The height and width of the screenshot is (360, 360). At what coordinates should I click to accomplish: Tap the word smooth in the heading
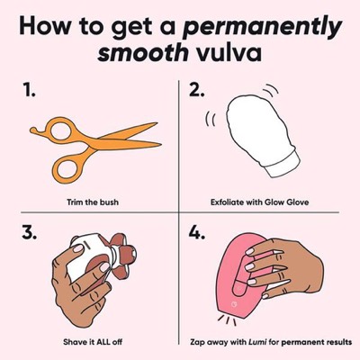[x=143, y=53]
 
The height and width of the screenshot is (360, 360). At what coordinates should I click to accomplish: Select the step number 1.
[x=29, y=90]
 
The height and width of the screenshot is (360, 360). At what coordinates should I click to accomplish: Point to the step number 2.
[x=197, y=90]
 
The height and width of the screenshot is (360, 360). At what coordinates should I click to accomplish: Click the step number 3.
[x=30, y=231]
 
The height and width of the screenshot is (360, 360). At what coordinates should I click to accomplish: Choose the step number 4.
[x=197, y=231]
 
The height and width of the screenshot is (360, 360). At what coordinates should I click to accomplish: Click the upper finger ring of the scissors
[x=61, y=130]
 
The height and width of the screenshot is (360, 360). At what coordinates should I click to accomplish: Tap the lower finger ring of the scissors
[x=69, y=169]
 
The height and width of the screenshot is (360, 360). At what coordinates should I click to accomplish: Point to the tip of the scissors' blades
[x=160, y=145]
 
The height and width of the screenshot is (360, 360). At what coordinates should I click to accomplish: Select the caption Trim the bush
[x=93, y=202]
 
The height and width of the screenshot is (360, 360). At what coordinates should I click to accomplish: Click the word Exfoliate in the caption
[x=227, y=202]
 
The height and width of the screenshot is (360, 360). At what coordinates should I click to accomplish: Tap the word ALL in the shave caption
[x=102, y=341]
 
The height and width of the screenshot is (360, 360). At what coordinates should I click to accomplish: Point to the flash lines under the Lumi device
[x=227, y=321]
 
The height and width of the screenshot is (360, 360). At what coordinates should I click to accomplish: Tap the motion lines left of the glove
[x=210, y=120]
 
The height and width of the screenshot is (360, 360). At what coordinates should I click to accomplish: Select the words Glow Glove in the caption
[x=286, y=202]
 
